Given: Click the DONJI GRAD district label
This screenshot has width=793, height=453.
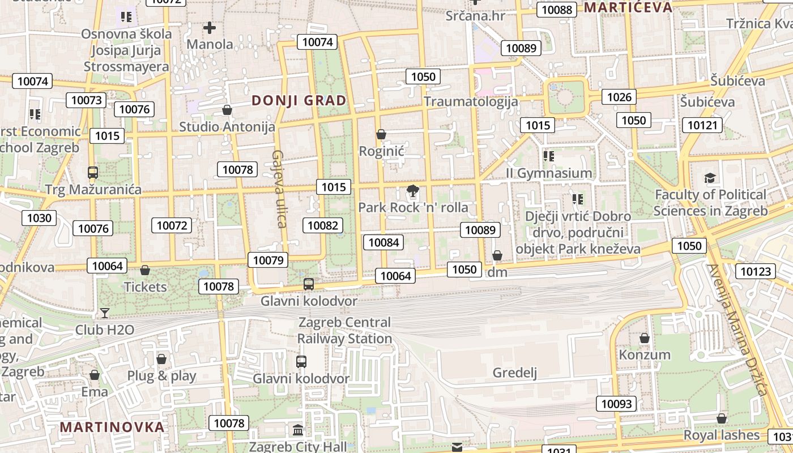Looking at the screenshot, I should click(x=299, y=100).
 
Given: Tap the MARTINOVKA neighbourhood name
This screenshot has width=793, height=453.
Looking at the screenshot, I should click(x=112, y=427).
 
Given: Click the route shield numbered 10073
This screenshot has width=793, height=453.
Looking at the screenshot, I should click(x=86, y=100).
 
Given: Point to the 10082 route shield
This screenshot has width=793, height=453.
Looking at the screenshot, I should click(x=323, y=225).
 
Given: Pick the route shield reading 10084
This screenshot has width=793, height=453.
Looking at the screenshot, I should click(x=383, y=242).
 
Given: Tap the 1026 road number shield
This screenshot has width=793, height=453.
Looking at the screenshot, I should click(x=619, y=97).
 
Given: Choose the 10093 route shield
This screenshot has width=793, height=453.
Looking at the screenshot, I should click(x=616, y=404).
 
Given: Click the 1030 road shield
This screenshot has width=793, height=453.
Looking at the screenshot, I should click(x=39, y=218).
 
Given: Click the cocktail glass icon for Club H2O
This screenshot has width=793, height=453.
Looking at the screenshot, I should click(x=105, y=313).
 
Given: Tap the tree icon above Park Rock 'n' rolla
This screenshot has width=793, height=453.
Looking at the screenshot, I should click(x=413, y=191).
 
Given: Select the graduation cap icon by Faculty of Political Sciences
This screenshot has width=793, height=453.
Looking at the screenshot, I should click(x=710, y=178).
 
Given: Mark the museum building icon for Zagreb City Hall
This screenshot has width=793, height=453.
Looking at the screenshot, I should click(x=298, y=430).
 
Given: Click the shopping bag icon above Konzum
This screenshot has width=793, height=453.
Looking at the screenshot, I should click(x=645, y=338).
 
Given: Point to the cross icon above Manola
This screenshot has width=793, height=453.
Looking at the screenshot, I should click(x=210, y=27).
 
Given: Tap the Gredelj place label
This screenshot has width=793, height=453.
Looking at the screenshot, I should click(x=515, y=373).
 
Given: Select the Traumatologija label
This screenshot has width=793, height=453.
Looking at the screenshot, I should click(x=471, y=101).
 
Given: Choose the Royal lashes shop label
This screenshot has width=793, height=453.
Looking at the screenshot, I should click(x=721, y=435).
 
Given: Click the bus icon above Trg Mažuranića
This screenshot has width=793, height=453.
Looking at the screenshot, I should click(x=93, y=172).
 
